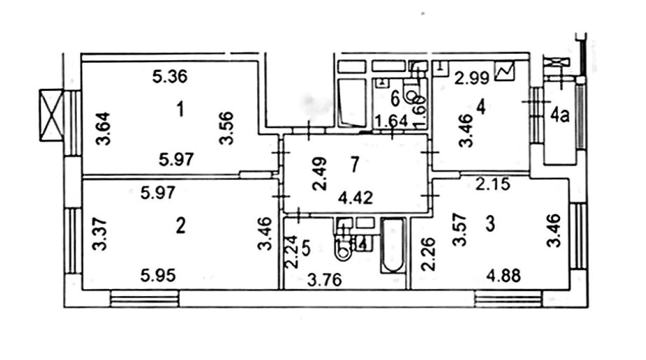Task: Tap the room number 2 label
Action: [181, 226]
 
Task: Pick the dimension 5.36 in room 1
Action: [169, 77]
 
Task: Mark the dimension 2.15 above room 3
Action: [493, 185]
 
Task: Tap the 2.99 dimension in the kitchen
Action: [471, 78]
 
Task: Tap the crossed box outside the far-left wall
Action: [52, 115]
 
